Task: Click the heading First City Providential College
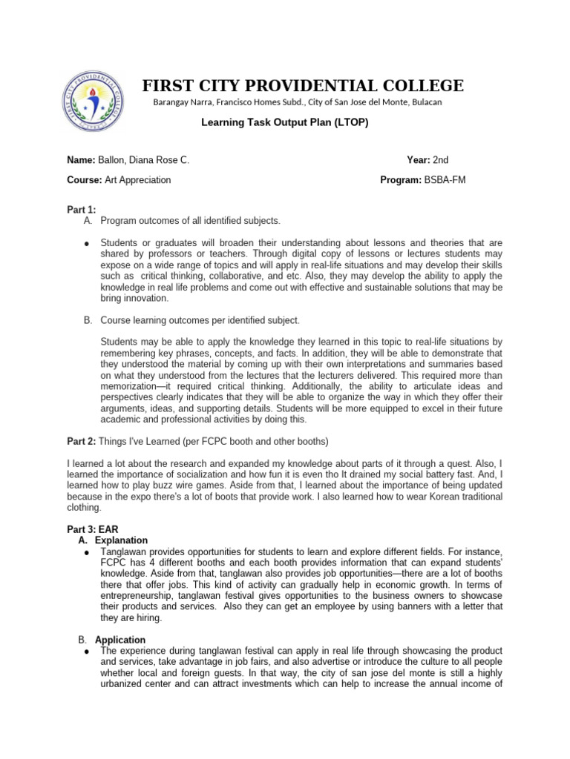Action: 304,85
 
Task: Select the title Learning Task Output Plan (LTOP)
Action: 285,122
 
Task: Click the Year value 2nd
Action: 441,160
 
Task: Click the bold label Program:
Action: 400,179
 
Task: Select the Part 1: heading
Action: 82,211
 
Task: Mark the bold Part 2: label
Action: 82,442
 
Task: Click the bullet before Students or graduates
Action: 87,244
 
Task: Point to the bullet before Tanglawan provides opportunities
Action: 87,552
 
